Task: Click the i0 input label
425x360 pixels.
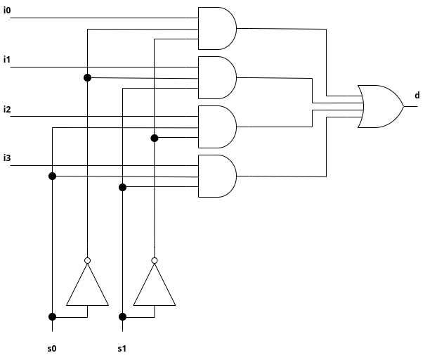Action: (7, 10)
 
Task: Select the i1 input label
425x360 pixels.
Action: (7, 59)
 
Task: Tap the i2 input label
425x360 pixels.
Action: (7, 109)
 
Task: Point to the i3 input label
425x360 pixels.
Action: (7, 157)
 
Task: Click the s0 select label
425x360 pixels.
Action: (51, 348)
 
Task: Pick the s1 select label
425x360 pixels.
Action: (122, 348)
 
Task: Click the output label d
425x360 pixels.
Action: (417, 95)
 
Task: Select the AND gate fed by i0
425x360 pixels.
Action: (217, 28)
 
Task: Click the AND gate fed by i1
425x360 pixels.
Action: (217, 77)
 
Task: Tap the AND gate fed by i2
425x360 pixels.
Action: (217, 127)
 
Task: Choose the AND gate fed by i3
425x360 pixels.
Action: (217, 176)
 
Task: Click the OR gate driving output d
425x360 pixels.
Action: (380, 106)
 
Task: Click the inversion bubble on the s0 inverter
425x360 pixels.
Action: (88, 261)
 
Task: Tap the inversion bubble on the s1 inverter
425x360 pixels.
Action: (155, 261)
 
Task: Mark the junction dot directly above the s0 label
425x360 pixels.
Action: (52, 316)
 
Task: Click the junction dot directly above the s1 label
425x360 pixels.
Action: (122, 316)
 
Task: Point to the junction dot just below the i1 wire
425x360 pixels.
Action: (88, 77)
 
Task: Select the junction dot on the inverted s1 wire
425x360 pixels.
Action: (155, 138)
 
